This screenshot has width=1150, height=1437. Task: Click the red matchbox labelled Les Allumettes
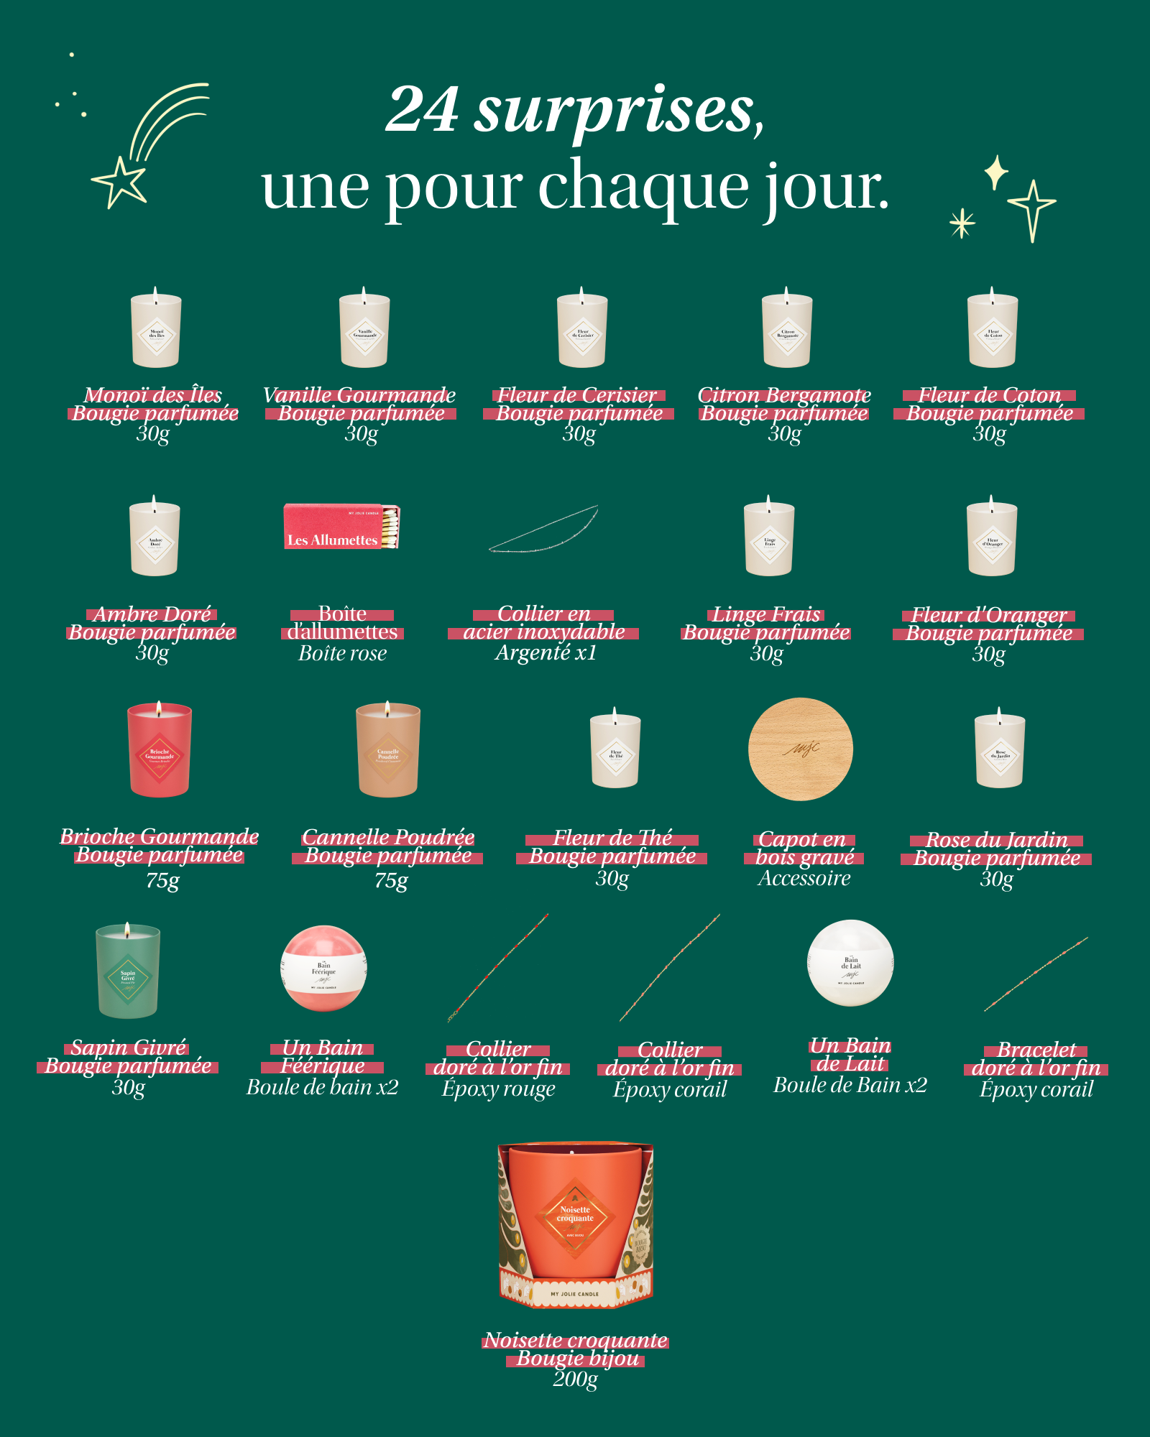click(x=341, y=527)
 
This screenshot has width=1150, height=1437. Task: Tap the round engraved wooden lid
click(x=800, y=749)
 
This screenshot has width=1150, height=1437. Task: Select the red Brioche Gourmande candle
click(x=159, y=751)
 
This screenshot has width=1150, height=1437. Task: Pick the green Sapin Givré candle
click(x=128, y=971)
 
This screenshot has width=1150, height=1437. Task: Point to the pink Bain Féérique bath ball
click(x=323, y=968)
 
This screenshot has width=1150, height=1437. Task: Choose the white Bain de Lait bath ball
click(x=850, y=963)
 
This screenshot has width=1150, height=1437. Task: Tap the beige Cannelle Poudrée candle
click(x=388, y=751)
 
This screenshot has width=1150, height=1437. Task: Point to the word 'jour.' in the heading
click(x=826, y=187)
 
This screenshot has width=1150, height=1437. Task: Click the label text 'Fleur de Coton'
click(x=989, y=395)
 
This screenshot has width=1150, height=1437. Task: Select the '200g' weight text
click(x=575, y=1378)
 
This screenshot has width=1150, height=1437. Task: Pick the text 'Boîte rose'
click(x=342, y=653)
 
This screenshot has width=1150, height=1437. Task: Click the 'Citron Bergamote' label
click(x=784, y=395)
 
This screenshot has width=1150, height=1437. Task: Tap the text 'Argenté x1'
click(x=546, y=652)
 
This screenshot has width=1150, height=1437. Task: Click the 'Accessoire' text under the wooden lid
click(x=804, y=878)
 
